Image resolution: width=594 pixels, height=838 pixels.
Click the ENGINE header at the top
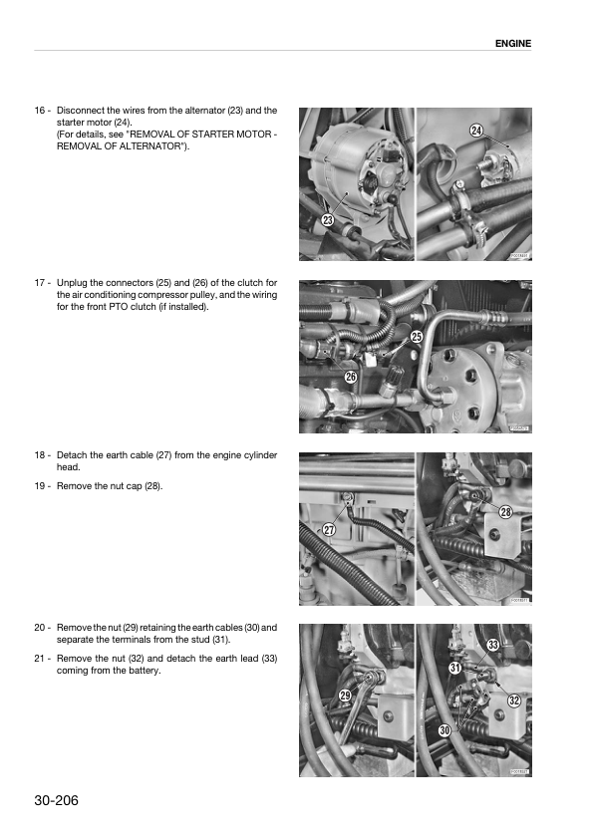pos(512,44)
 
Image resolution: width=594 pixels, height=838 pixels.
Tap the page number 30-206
pos(56,800)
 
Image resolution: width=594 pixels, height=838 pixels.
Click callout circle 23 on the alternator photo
pos(328,220)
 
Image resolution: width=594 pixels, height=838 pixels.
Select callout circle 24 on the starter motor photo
pos(476,131)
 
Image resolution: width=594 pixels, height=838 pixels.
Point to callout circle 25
pos(417,336)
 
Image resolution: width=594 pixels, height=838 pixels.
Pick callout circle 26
pos(350,377)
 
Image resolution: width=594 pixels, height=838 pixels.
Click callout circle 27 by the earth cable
pos(329,530)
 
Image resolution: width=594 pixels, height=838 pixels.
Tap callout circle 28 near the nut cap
pos(505,512)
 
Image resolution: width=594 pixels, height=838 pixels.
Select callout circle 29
pos(346,695)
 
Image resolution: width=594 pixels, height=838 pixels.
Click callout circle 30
pos(445,730)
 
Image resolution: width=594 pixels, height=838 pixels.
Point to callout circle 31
pos(455,667)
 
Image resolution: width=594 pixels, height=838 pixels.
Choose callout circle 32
pos(514,700)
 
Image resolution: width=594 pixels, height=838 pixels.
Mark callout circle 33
pos(493,645)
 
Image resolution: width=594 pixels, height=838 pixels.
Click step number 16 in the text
pos(40,111)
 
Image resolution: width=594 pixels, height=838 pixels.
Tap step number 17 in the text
pos(40,283)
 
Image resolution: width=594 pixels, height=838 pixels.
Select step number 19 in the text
pos(40,486)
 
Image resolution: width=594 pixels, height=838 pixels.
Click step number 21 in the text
pos(40,659)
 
